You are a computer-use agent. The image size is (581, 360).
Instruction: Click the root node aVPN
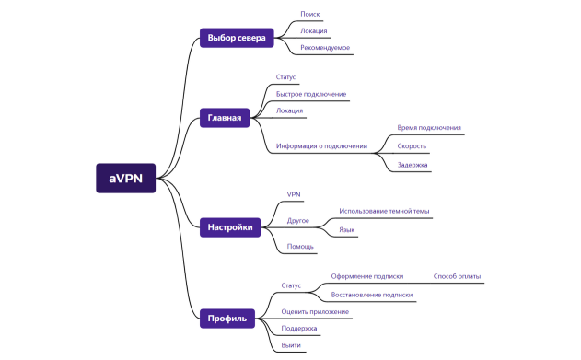pyautogui.click(x=126, y=178)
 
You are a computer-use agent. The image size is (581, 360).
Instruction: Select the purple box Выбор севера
pyautogui.click(x=237, y=38)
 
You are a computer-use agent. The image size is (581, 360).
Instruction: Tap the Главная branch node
pyautogui.click(x=225, y=118)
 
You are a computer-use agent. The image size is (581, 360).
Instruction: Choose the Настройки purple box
pyautogui.click(x=230, y=226)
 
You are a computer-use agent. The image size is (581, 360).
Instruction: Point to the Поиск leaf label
pyautogui.click(x=310, y=14)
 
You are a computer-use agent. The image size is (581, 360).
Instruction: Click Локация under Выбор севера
pyautogui.click(x=314, y=30)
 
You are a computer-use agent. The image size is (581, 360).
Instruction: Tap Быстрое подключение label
pyautogui.click(x=311, y=94)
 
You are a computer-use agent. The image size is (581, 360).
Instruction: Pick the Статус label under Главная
pyautogui.click(x=286, y=77)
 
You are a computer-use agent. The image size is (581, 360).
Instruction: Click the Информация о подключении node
pyautogui.click(x=321, y=145)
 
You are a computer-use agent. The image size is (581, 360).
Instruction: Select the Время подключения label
pyautogui.click(x=429, y=128)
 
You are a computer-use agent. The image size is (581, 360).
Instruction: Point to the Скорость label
pyautogui.click(x=412, y=145)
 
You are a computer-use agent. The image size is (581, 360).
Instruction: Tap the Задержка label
pyautogui.click(x=413, y=165)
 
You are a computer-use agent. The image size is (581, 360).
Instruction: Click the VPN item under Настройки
pyautogui.click(x=294, y=194)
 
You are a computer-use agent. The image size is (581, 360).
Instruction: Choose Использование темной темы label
pyautogui.click(x=384, y=211)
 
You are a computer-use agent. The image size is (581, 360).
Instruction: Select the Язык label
pyautogui.click(x=347, y=229)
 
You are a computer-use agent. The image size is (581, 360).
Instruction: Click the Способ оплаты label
pyautogui.click(x=457, y=276)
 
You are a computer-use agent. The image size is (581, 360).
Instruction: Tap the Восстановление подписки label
pyautogui.click(x=372, y=295)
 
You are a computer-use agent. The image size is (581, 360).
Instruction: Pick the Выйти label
pyautogui.click(x=291, y=344)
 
